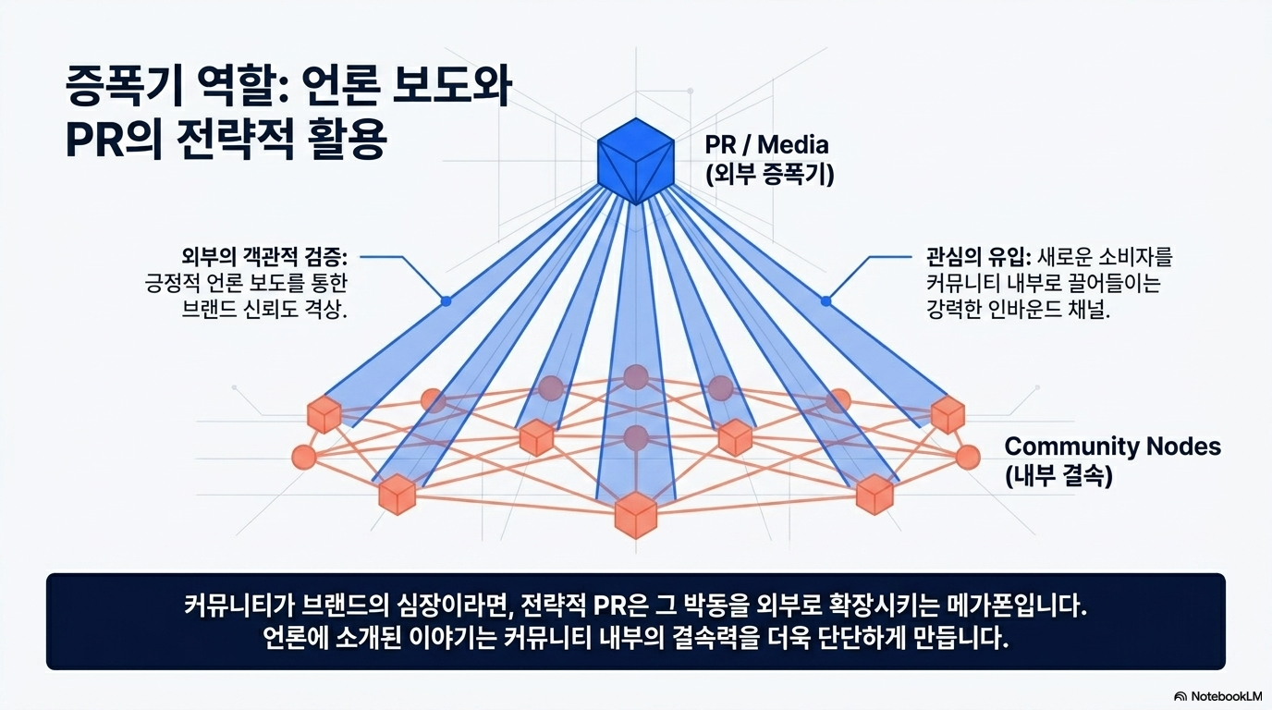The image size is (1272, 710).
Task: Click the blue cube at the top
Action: click(636, 159)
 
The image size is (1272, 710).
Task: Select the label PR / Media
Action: click(766, 144)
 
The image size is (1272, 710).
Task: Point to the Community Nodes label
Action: click(1112, 447)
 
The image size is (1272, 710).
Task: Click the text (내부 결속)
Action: click(1058, 477)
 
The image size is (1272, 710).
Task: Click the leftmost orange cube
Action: click(324, 415)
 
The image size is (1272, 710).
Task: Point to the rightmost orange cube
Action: click(948, 415)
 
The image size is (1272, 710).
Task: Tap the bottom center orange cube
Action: click(636, 514)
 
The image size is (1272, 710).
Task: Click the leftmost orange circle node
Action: click(303, 457)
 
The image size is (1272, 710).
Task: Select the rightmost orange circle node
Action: click(968, 457)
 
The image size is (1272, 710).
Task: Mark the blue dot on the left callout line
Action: click(446, 301)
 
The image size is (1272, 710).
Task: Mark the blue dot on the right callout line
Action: click(826, 301)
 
